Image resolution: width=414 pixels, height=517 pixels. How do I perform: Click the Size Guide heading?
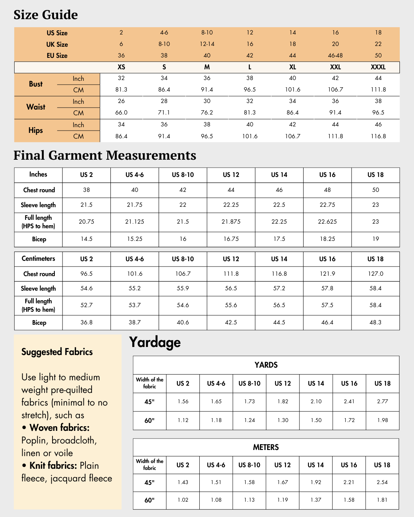click(46, 15)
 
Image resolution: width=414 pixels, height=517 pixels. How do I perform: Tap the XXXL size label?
click(378, 67)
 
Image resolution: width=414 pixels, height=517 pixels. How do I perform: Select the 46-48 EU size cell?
click(335, 56)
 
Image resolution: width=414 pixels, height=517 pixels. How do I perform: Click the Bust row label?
click(36, 84)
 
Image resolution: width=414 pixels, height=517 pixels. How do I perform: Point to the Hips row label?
click(36, 130)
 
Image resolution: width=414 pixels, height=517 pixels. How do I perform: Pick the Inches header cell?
click(38, 175)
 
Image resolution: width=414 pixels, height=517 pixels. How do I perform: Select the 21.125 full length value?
click(135, 222)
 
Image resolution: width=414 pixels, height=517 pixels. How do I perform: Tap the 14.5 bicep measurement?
click(87, 239)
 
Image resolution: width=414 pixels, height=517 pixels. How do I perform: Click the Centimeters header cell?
click(38, 258)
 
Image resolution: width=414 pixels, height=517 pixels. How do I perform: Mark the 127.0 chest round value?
click(375, 274)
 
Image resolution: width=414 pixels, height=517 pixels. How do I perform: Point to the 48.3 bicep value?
click(375, 322)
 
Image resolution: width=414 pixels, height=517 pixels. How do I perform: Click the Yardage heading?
click(155, 342)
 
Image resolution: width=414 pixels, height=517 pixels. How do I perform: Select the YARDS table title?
click(266, 365)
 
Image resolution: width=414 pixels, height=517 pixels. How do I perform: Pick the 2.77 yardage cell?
click(382, 401)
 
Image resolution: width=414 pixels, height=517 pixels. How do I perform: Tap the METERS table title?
click(266, 447)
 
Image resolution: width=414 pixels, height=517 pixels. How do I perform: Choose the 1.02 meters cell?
click(183, 500)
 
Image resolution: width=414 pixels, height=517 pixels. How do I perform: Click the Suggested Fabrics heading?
click(57, 352)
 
